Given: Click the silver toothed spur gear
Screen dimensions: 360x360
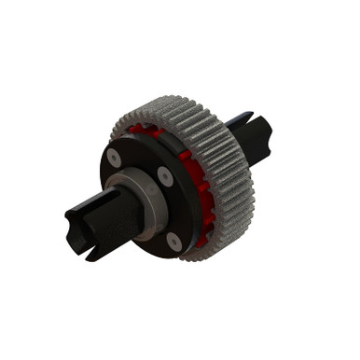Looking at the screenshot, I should pos(220,177).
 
